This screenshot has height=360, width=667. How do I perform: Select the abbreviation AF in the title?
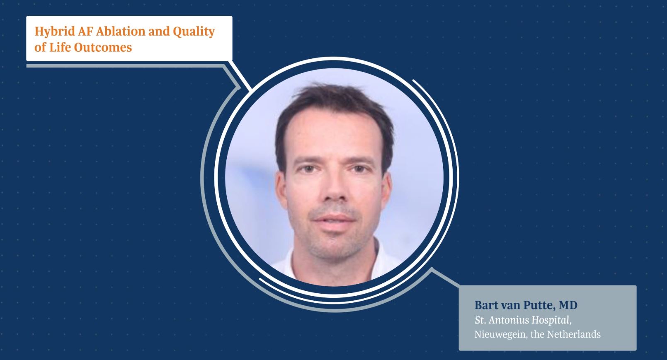(86, 31)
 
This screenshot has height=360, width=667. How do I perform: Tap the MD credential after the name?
(568, 306)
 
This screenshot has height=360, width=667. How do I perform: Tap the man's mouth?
(333, 219)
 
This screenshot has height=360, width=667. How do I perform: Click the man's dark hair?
(332, 97)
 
